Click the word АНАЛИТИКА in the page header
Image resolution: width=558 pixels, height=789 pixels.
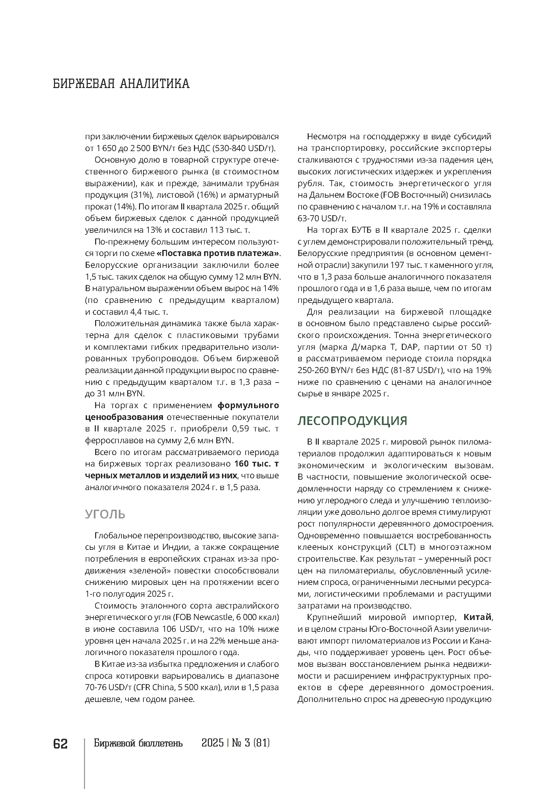pos(154,84)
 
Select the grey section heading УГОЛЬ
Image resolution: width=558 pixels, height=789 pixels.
pos(105,514)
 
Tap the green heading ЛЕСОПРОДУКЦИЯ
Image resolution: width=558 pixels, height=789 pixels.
pos(352,421)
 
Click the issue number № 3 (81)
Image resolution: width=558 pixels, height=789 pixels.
pos(251,743)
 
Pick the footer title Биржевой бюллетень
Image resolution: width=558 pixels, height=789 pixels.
pos(138,743)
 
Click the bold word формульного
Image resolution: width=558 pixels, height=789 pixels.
pos(248,405)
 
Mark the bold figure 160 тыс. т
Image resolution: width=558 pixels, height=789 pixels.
pos(256,464)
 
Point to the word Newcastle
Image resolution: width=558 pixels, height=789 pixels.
pos(213,617)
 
